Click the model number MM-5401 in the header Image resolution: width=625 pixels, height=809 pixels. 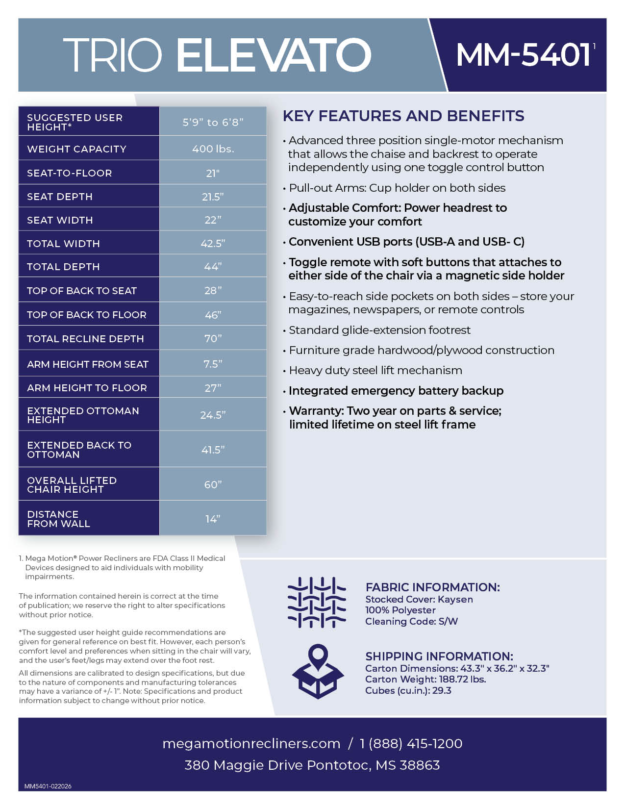[524, 54]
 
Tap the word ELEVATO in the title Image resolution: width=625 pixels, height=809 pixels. [273, 54]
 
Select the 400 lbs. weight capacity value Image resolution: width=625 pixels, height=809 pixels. [213, 149]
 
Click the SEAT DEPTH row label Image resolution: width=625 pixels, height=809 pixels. [60, 197]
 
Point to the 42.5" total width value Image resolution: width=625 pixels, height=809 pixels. [213, 243]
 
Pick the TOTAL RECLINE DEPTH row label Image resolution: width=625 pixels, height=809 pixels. [85, 339]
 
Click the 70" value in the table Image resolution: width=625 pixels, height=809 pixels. [213, 338]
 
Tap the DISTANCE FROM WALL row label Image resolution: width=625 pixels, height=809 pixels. [58, 519]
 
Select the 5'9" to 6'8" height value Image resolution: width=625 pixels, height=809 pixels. [213, 122]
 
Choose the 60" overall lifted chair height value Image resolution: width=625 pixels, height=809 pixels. [213, 484]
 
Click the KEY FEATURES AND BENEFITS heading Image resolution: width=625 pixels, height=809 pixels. [403, 116]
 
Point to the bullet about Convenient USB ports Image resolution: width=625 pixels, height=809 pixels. [406, 242]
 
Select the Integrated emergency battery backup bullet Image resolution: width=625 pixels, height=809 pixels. [396, 391]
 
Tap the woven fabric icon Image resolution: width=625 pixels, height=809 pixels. [317, 602]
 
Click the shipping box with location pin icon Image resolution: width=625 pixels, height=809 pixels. [318, 671]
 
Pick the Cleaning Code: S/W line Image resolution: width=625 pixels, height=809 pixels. [411, 621]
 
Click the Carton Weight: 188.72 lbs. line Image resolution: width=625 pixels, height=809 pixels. [425, 679]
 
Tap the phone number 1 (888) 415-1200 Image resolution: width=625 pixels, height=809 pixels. [411, 743]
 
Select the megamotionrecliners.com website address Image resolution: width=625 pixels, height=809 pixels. [251, 743]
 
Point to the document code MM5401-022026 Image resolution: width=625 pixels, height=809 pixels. [48, 786]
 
